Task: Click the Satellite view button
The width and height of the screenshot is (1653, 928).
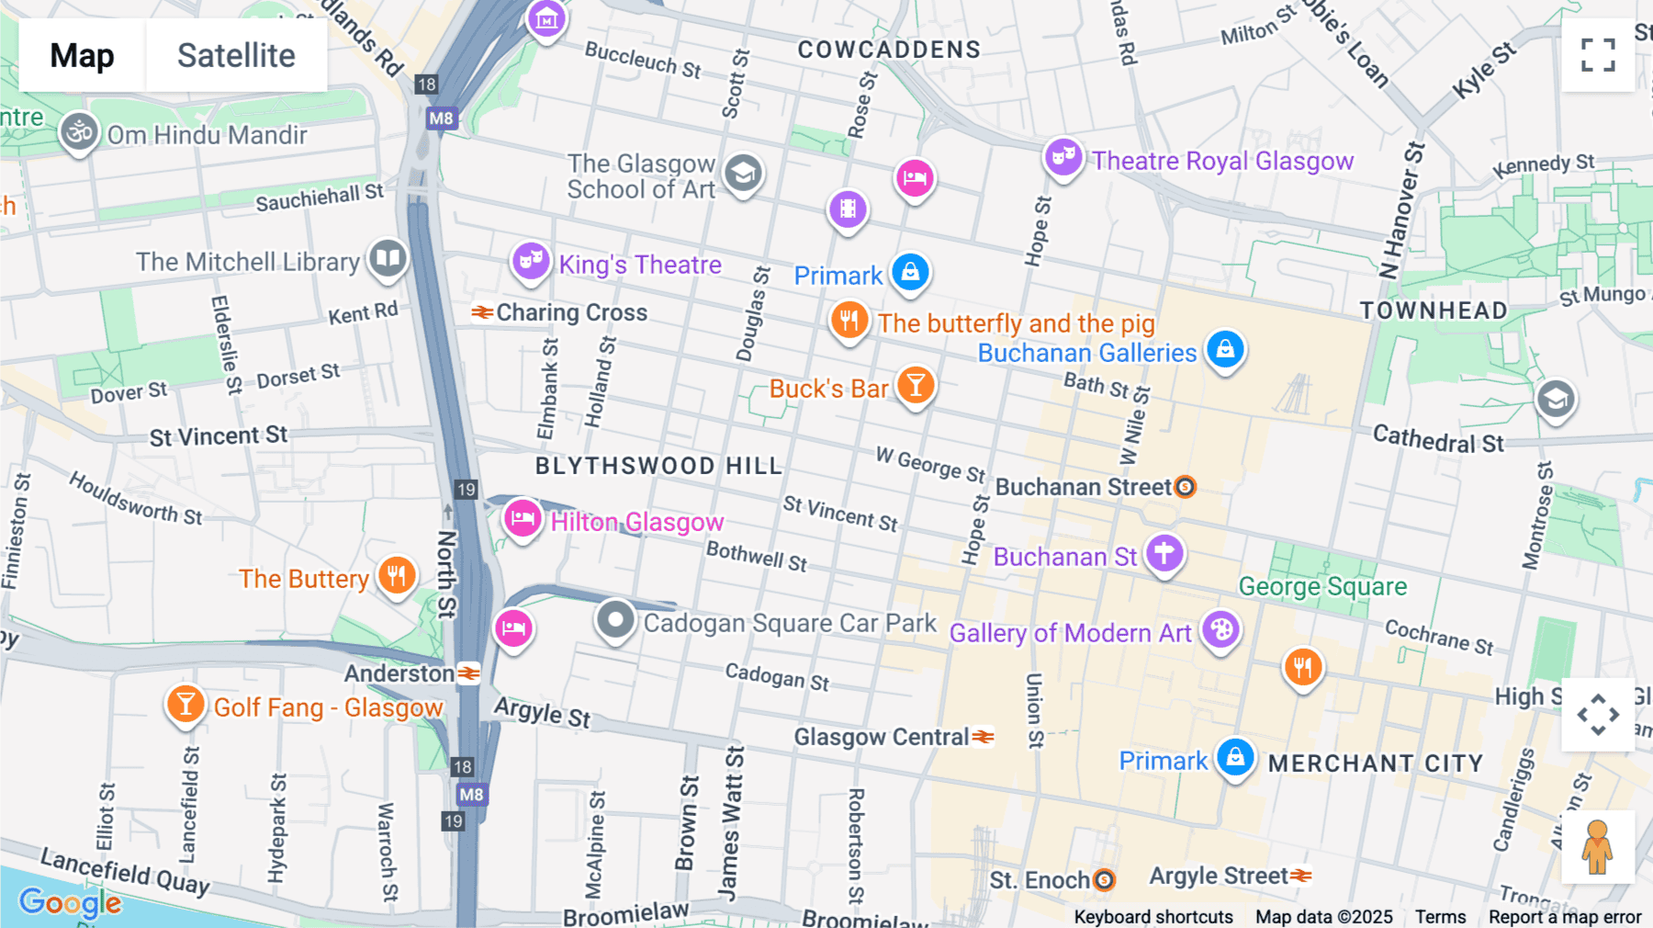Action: (236, 55)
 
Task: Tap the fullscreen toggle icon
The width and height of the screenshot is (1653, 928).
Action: (1598, 55)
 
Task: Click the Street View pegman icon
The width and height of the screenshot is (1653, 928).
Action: (1597, 847)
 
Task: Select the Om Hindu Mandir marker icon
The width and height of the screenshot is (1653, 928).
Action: (79, 132)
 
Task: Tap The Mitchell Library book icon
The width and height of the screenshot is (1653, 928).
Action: (388, 258)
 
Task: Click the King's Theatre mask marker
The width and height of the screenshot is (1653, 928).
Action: (531, 261)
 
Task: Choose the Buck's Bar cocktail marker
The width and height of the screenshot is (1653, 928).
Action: (916, 385)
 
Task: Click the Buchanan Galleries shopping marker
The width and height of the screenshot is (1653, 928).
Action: (1225, 349)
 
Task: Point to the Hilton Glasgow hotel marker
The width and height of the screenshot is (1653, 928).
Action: (523, 519)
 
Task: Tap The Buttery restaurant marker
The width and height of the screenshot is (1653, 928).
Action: (397, 575)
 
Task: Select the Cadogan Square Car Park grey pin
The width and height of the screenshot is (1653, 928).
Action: (615, 619)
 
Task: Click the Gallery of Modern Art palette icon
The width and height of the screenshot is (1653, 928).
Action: (1220, 630)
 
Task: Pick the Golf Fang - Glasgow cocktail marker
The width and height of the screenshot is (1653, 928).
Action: (186, 704)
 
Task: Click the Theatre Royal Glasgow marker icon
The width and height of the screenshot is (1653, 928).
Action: (1063, 157)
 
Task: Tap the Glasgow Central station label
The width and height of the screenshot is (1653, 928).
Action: (882, 737)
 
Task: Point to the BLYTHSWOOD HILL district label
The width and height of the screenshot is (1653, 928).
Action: (658, 466)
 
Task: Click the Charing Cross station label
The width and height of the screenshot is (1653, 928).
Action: (571, 312)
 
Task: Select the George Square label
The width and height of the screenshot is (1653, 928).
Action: (1322, 586)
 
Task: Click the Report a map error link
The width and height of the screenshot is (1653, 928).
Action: (1564, 917)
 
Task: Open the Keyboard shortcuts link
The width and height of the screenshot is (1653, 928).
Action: (1153, 917)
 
